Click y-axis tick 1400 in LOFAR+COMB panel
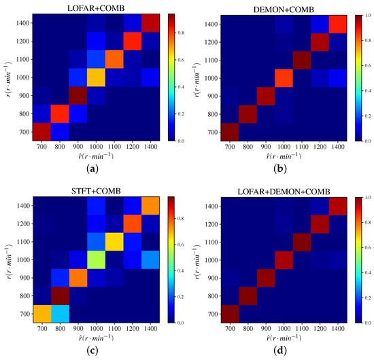[23, 23]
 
